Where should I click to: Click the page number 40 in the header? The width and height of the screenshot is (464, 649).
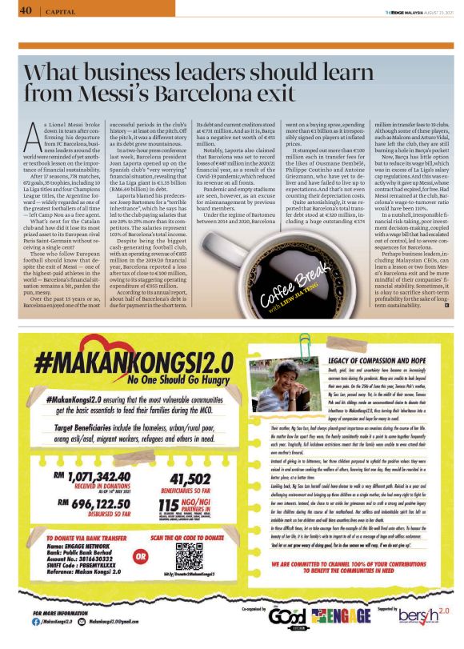25,10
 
